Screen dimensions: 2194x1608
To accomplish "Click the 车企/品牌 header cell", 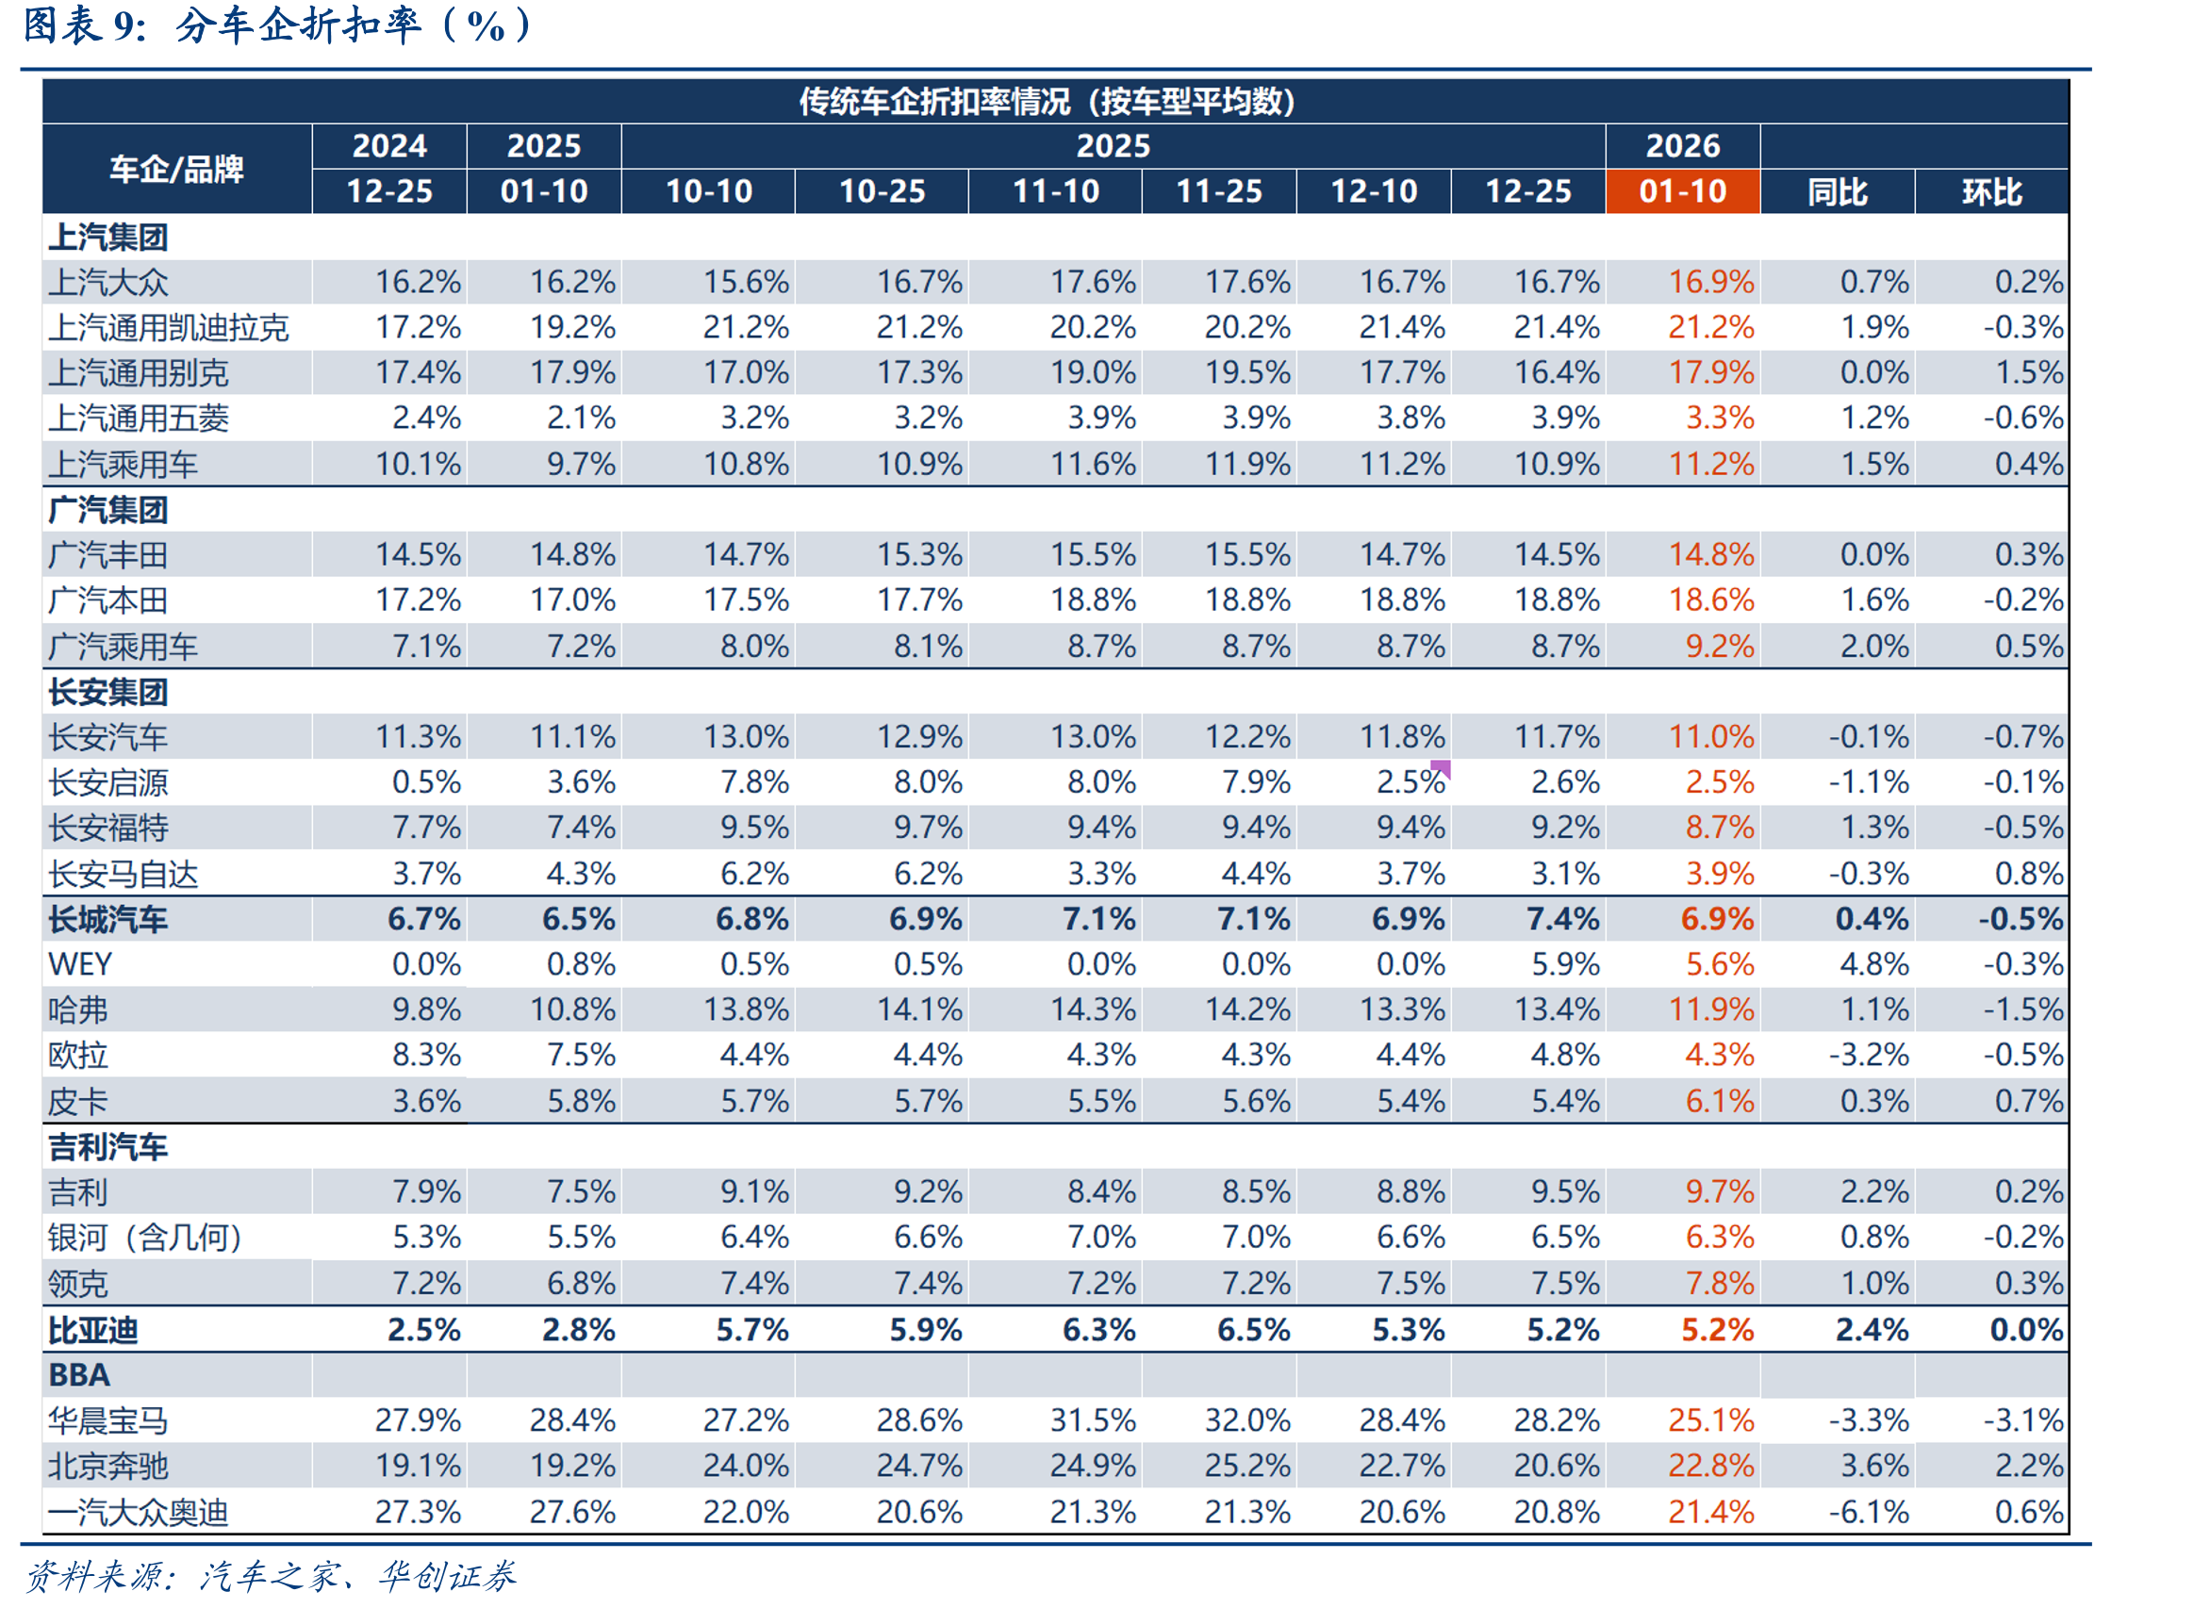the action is [176, 170].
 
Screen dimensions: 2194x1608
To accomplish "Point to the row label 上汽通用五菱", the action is [139, 418].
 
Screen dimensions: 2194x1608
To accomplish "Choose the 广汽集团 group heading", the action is [108, 510].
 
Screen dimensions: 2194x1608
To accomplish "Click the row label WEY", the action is [80, 964].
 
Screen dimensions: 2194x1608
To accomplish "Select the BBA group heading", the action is [79, 1374].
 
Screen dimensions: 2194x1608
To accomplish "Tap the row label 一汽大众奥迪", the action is [139, 1512].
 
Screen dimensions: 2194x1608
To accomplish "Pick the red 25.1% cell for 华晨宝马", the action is [1710, 1420].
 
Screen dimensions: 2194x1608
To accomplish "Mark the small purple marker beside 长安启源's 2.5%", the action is [1441, 770].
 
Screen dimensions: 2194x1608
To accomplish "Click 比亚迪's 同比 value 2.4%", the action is [1871, 1330].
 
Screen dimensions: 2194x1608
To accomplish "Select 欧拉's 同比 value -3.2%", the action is [1868, 1054].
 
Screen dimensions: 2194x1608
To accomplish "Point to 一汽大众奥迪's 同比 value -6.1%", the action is [1868, 1512].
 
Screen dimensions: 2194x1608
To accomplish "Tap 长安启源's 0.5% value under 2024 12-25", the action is [426, 781].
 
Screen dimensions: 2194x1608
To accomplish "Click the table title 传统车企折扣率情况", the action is [933, 101].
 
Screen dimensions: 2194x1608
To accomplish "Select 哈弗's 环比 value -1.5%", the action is [2022, 1009].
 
